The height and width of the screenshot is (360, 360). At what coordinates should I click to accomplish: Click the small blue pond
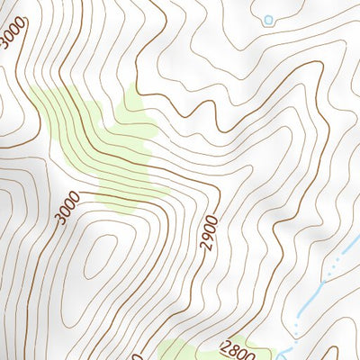tap(267, 19)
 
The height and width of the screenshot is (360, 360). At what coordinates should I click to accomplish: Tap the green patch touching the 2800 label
tap(180, 351)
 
